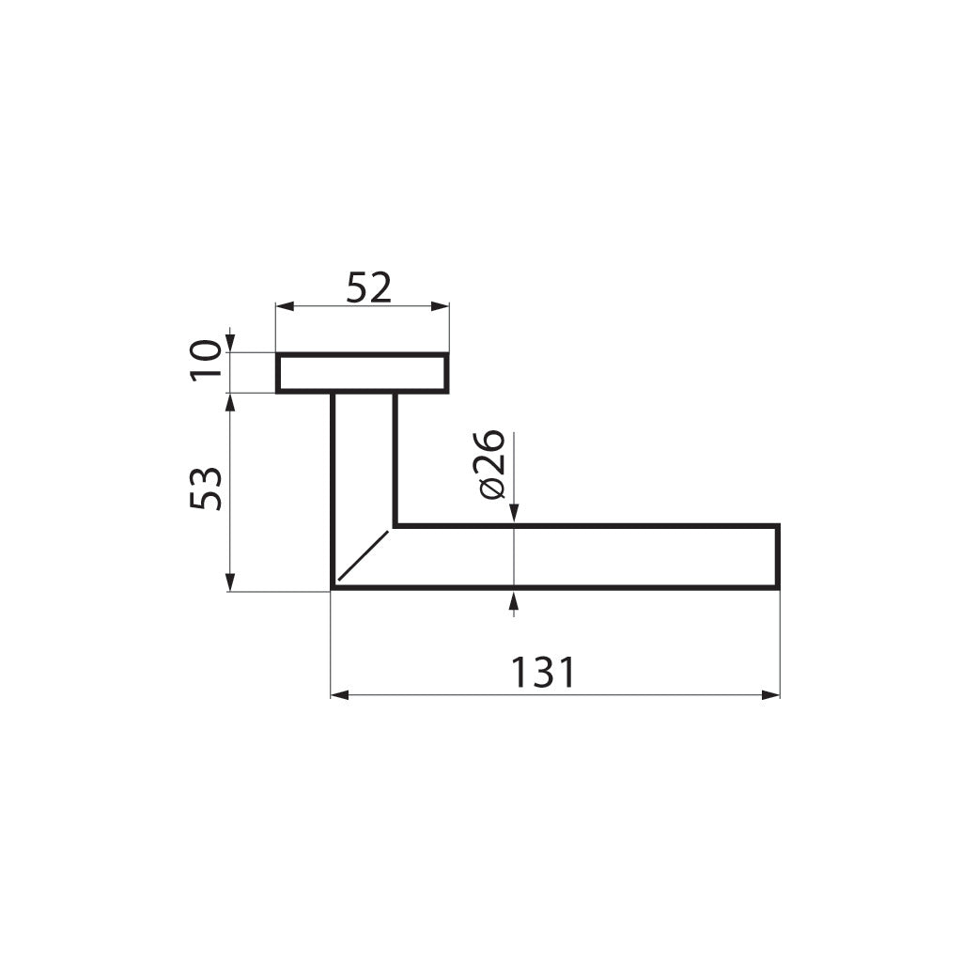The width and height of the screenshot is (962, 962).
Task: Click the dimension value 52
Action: (368, 287)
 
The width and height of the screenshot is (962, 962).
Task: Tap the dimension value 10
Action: (207, 360)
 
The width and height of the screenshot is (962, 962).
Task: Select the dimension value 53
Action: (207, 488)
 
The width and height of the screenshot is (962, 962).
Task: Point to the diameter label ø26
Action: (491, 464)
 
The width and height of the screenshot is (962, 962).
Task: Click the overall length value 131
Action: (542, 673)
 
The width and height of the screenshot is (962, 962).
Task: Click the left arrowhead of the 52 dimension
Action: (283, 306)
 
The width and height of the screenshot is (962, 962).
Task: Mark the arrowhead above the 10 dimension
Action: (230, 344)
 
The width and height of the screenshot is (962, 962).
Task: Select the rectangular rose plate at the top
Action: (362, 373)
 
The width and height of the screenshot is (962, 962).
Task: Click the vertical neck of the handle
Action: (364, 451)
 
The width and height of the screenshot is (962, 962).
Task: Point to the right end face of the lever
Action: (779, 557)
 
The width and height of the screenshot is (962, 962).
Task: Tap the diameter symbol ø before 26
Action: (491, 489)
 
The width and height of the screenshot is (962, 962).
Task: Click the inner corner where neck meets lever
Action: (395, 525)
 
